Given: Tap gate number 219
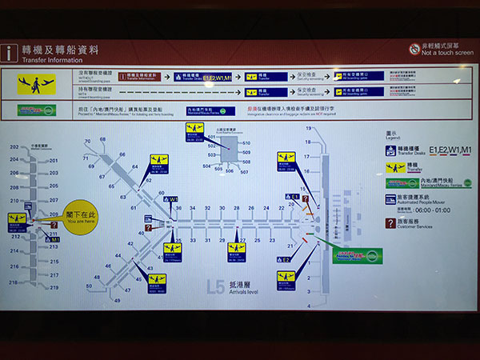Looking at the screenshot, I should [54, 287].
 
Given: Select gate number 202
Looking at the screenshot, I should [14, 147].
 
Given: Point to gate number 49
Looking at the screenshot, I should [117, 301].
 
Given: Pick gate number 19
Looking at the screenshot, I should [307, 129].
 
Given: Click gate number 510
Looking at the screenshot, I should [246, 143].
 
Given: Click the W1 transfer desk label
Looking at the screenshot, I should [173, 199].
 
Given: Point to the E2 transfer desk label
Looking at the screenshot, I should [286, 259].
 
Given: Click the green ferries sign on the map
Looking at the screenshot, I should [358, 256].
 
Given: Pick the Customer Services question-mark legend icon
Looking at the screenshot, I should [390, 223].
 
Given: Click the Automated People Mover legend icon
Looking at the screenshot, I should [390, 198].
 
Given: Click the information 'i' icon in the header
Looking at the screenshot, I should [10, 53].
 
